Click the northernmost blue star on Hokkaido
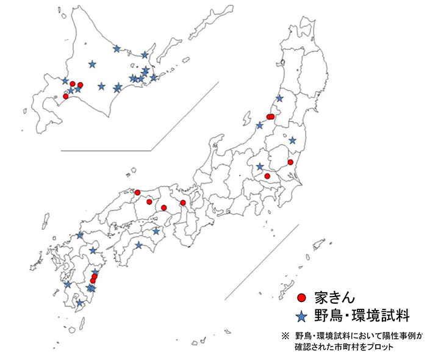click(117, 48)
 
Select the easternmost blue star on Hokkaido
click(153, 77)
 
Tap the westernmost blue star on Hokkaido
click(65, 81)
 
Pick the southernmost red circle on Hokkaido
click(66, 96)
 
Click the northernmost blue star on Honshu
click(280, 98)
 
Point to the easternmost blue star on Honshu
click(292, 140)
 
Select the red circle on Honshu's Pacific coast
click(290, 162)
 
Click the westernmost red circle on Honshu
click(137, 192)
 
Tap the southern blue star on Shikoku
click(138, 245)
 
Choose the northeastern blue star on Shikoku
click(156, 231)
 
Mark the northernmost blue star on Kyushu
click(80, 235)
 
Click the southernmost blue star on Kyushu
click(79, 303)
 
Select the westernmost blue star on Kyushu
click(67, 284)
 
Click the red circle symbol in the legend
click(301, 298)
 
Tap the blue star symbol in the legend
click(301, 316)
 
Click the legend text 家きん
click(334, 298)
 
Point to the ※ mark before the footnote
click(284, 336)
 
